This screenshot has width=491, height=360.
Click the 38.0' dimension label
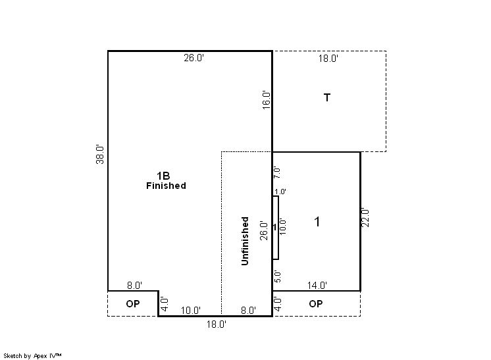click(x=100, y=154)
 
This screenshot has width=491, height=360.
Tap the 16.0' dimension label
click(x=266, y=100)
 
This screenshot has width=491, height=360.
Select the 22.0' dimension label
click(x=365, y=218)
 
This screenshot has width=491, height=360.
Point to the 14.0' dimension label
click(x=317, y=286)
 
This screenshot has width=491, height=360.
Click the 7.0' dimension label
click(x=277, y=172)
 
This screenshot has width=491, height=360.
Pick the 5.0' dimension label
click(x=277, y=276)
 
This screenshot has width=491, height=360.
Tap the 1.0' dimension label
click(x=280, y=192)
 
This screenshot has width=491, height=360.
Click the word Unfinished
click(x=245, y=241)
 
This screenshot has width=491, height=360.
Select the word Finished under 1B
click(x=166, y=186)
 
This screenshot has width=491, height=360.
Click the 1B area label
click(x=163, y=176)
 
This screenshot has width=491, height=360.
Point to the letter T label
click(x=327, y=97)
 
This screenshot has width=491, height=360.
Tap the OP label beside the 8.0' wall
click(x=133, y=303)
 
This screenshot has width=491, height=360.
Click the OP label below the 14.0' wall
click(x=316, y=303)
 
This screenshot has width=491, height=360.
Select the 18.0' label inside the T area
click(x=328, y=59)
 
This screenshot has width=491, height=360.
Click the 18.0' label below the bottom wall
click(x=216, y=324)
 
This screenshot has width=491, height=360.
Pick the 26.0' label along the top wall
click(x=194, y=58)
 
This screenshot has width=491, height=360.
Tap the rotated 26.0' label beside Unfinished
click(x=264, y=231)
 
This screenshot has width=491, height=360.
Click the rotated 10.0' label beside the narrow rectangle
click(x=283, y=226)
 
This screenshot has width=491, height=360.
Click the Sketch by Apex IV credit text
click(x=32, y=355)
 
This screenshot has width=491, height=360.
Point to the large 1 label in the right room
click(x=317, y=222)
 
